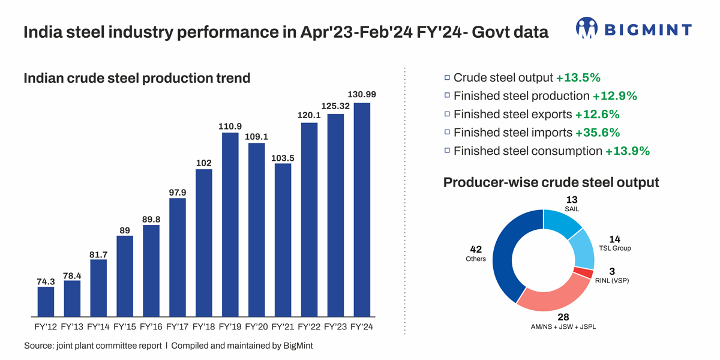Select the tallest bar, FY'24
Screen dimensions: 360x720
(x=362, y=209)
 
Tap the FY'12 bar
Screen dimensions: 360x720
(x=46, y=301)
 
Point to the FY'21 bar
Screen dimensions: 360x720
(x=283, y=239)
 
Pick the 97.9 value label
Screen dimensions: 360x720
(x=178, y=192)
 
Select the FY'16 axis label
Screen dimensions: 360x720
(x=151, y=327)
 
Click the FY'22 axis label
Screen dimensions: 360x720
(x=309, y=327)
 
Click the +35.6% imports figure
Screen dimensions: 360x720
(x=597, y=133)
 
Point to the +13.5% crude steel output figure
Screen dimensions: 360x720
(x=578, y=78)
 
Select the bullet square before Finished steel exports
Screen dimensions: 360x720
(x=447, y=114)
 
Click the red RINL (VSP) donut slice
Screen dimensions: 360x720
(x=583, y=273)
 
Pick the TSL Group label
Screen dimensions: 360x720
(x=615, y=248)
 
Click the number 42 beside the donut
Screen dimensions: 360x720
(x=476, y=249)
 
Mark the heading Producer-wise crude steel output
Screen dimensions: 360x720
(x=551, y=182)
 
